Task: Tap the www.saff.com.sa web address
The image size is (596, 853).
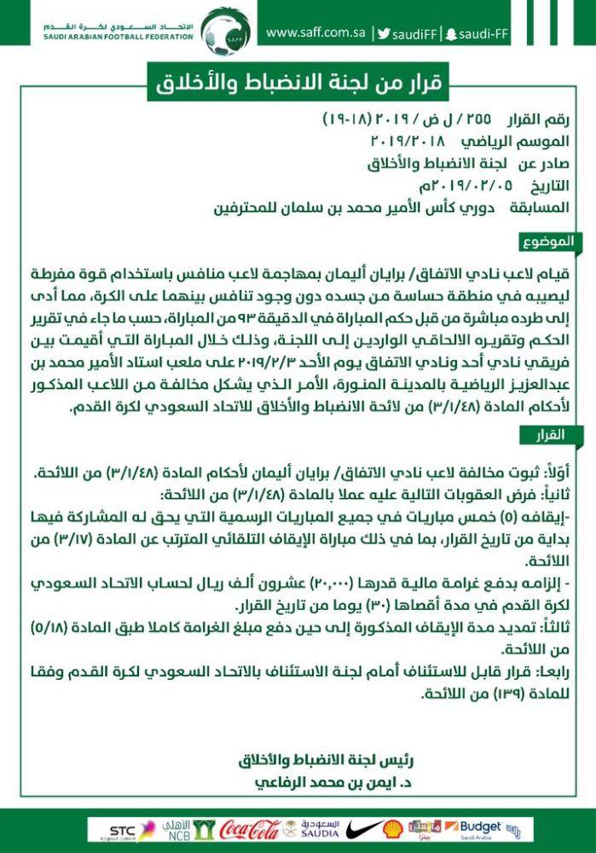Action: click(315, 33)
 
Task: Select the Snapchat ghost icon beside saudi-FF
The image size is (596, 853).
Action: click(450, 34)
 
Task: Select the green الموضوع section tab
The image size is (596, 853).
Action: click(553, 241)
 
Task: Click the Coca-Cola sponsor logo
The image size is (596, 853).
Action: click(250, 829)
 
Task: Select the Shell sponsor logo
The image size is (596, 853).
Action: click(392, 829)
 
